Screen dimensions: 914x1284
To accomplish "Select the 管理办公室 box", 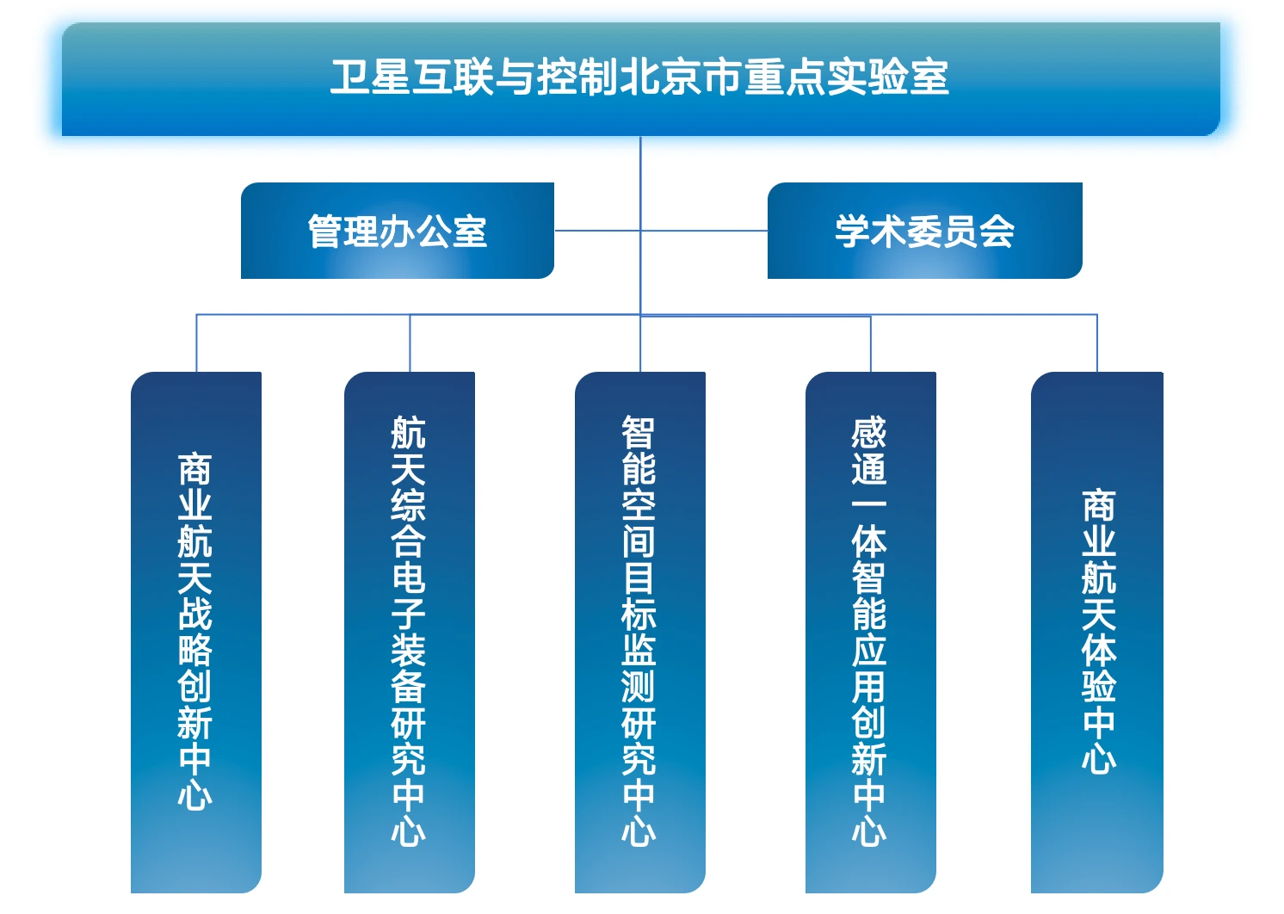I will tap(397, 231).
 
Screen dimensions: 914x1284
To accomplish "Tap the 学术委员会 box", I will tap(924, 231).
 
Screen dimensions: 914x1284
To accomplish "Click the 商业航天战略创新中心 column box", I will tap(195, 633).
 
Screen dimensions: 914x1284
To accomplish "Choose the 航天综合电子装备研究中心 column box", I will tap(409, 633).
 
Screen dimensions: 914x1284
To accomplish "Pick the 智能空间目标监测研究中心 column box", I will tap(639, 633).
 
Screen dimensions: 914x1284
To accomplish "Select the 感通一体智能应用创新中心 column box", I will tap(870, 633).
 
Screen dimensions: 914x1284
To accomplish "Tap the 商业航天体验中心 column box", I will tap(1097, 633).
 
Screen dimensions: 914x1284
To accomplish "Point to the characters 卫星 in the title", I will tap(370, 77).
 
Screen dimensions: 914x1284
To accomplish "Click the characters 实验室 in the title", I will tap(888, 77).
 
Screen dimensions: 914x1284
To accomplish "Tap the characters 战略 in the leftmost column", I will tap(195, 633).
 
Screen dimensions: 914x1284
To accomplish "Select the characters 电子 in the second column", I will tap(409, 596).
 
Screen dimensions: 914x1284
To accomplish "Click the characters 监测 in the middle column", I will tap(639, 669).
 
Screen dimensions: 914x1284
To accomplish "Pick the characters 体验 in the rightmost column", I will tap(1099, 669).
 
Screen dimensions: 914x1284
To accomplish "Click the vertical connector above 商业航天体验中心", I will tap(1097, 343).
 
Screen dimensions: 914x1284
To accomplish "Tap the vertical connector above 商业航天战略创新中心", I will tap(196, 343).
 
